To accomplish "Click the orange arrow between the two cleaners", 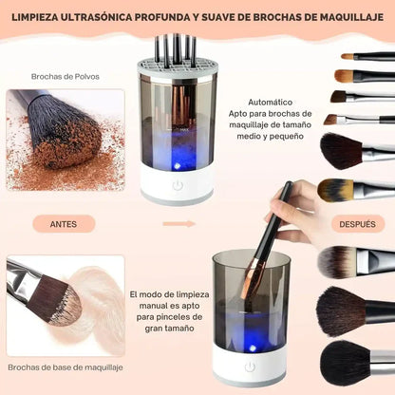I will (179, 224).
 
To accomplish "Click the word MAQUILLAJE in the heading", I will (346, 17).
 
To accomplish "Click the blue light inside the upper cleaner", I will (179, 150).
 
